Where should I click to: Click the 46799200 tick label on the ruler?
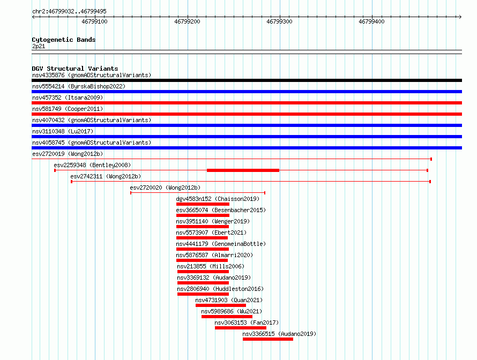(x=187, y=21)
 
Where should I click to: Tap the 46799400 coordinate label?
(x=371, y=21)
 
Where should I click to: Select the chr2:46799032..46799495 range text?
(x=69, y=12)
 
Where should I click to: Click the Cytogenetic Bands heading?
(x=64, y=40)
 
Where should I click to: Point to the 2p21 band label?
(x=39, y=46)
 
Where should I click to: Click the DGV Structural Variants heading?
(x=75, y=69)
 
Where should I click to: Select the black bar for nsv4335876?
(x=247, y=80)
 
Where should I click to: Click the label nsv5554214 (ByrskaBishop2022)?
(x=79, y=86)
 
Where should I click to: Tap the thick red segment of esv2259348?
(x=243, y=170)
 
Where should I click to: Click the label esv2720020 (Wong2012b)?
(x=165, y=187)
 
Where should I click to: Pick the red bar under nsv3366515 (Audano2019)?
(x=268, y=339)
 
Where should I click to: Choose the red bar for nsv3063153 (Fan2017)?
(x=241, y=328)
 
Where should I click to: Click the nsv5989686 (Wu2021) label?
(x=232, y=311)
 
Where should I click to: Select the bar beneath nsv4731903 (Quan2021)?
(x=221, y=305)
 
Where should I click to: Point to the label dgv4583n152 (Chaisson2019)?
(x=218, y=199)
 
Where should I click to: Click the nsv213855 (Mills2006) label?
(x=211, y=266)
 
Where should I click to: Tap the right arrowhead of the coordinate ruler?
(x=461, y=17)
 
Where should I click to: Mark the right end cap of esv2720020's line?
(x=265, y=193)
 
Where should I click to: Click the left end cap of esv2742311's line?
(x=71, y=182)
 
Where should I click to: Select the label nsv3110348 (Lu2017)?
(x=63, y=131)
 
